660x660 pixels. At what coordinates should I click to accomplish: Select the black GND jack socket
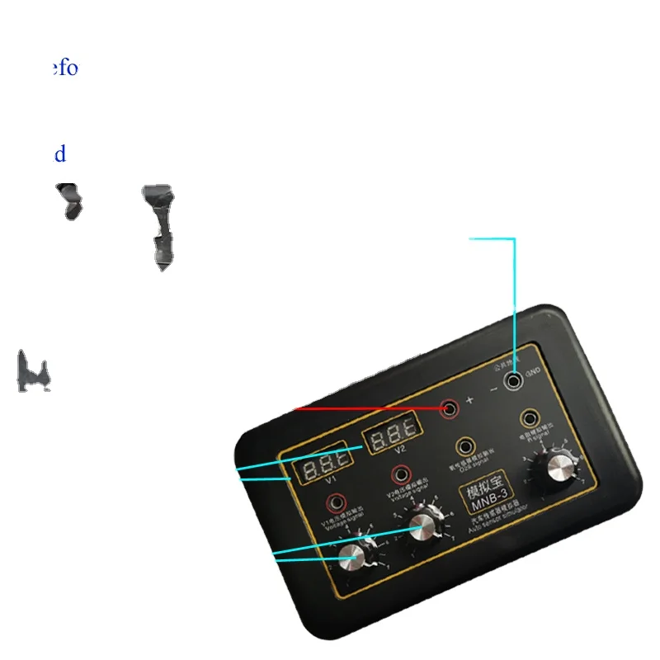tap(516, 380)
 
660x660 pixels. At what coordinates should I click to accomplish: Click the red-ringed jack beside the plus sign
tap(450, 408)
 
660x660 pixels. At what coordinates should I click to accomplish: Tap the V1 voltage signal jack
tap(336, 501)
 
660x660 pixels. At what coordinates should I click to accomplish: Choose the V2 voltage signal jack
tap(401, 474)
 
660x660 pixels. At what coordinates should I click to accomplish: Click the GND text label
tap(533, 373)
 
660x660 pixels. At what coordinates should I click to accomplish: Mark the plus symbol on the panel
tap(469, 400)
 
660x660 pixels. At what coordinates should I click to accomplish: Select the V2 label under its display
tap(401, 450)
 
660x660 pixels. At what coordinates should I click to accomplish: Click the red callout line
tap(371, 408)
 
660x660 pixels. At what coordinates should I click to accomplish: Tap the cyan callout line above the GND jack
tap(515, 297)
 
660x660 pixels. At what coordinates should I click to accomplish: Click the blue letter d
tap(59, 154)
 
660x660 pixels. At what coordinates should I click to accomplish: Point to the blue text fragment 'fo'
tap(66, 68)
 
